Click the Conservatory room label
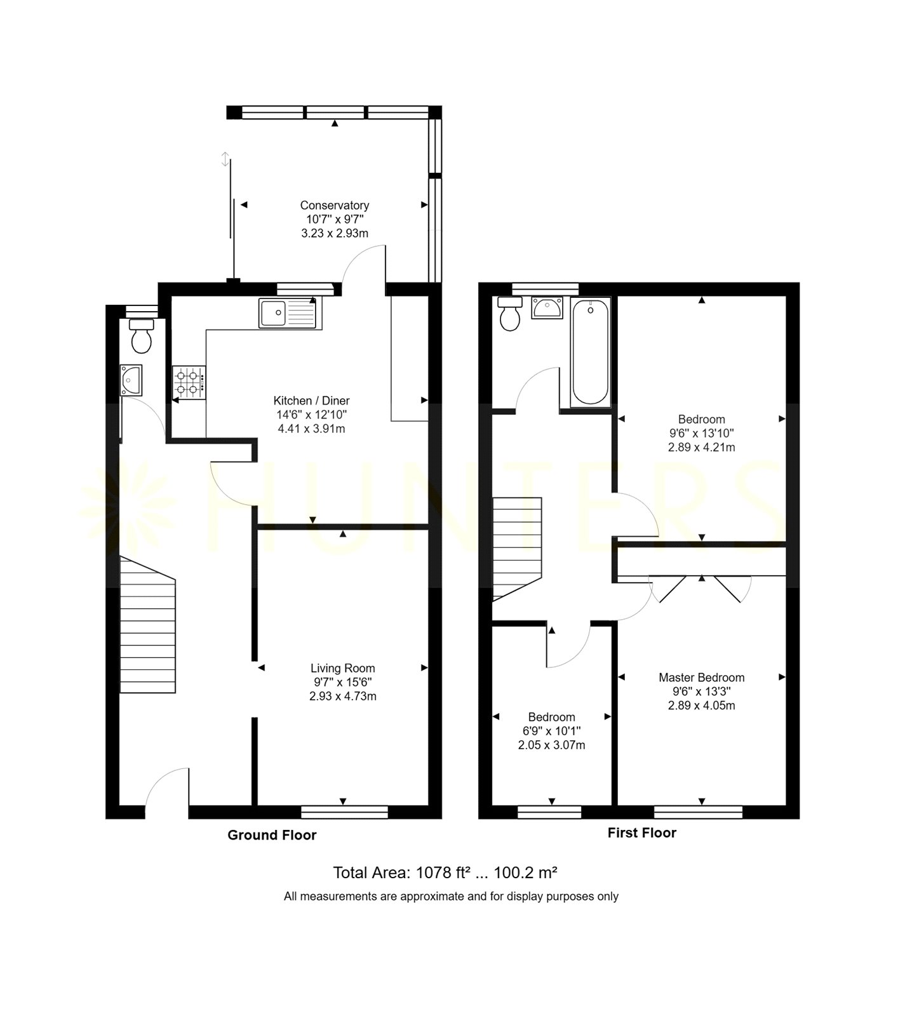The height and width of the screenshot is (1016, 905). tap(335, 205)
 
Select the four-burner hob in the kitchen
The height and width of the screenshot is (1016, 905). tap(189, 382)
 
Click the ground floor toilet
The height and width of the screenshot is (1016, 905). tap(142, 336)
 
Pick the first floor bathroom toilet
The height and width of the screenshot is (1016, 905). tap(509, 314)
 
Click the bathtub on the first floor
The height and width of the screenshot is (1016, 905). tap(590, 352)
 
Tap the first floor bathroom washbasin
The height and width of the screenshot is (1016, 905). tap(547, 308)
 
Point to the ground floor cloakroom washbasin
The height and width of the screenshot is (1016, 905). tap(131, 380)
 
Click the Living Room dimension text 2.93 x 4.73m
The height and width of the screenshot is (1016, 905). tap(343, 696)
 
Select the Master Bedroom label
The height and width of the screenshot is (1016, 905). tap(702, 678)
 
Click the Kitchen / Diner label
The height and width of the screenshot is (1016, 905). tap(311, 401)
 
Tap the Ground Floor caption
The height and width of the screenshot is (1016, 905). tap(272, 835)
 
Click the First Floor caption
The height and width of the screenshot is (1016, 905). tap(642, 832)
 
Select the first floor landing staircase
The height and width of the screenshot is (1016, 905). tap(517, 549)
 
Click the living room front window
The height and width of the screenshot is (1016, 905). tap(344, 812)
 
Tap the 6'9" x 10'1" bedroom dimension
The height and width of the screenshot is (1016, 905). tap(551, 731)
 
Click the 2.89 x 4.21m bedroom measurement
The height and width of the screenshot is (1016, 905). tap(702, 447)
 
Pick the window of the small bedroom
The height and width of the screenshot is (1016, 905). tap(550, 812)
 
